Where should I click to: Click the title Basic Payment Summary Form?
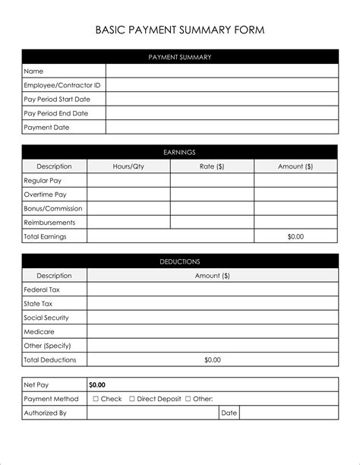(180, 30)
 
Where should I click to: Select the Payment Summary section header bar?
(180, 57)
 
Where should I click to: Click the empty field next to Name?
(222, 71)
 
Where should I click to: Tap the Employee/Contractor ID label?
(62, 85)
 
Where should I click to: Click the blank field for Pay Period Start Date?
(222, 100)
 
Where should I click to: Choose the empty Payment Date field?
(222, 128)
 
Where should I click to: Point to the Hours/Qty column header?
(128, 166)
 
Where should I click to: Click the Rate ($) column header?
(212, 166)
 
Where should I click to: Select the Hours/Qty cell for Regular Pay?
(128, 181)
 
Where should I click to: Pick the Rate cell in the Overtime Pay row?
(212, 195)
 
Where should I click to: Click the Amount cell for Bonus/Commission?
(295, 208)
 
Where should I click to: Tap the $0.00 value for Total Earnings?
(295, 236)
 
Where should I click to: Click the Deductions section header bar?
(180, 261)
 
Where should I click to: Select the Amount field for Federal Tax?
(213, 289)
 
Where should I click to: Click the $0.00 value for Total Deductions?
(213, 359)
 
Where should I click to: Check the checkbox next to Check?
(96, 399)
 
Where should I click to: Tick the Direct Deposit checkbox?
(132, 399)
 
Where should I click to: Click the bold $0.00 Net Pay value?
(97, 385)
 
